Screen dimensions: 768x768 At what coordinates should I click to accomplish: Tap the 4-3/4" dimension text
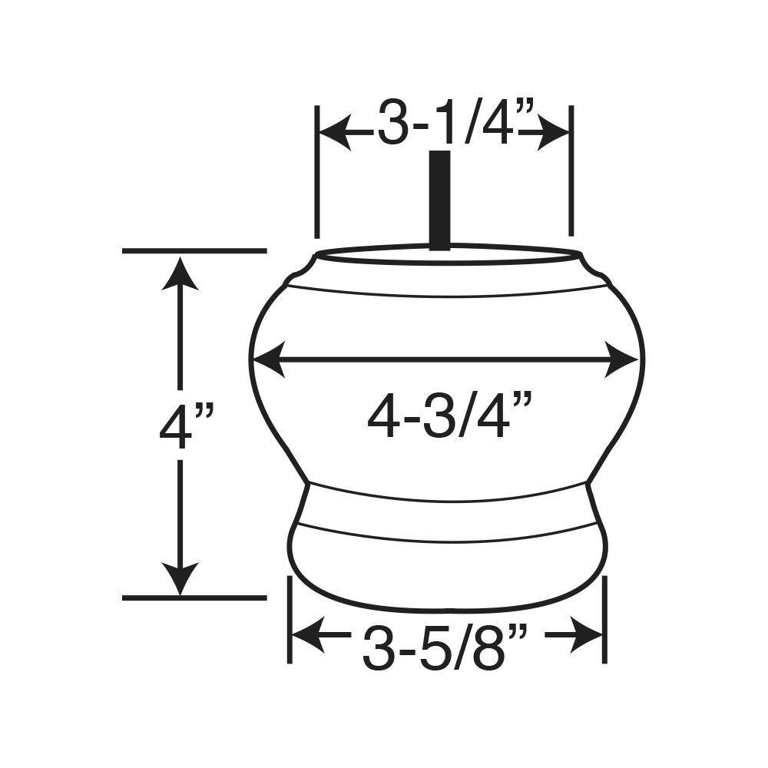pyautogui.click(x=449, y=415)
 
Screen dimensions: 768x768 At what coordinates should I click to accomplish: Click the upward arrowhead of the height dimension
pyautogui.click(x=180, y=273)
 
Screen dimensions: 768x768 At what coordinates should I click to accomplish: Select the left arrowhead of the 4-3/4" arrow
pyautogui.click(x=268, y=359)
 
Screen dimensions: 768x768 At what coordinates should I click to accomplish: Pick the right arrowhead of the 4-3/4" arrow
pyautogui.click(x=622, y=359)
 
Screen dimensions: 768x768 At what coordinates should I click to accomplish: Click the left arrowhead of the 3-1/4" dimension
pyautogui.click(x=335, y=132)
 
